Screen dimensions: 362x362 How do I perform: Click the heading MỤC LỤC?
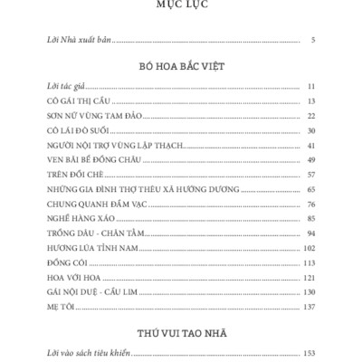pos(181,7)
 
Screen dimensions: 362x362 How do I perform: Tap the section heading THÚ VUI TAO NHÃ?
pos(181,332)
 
